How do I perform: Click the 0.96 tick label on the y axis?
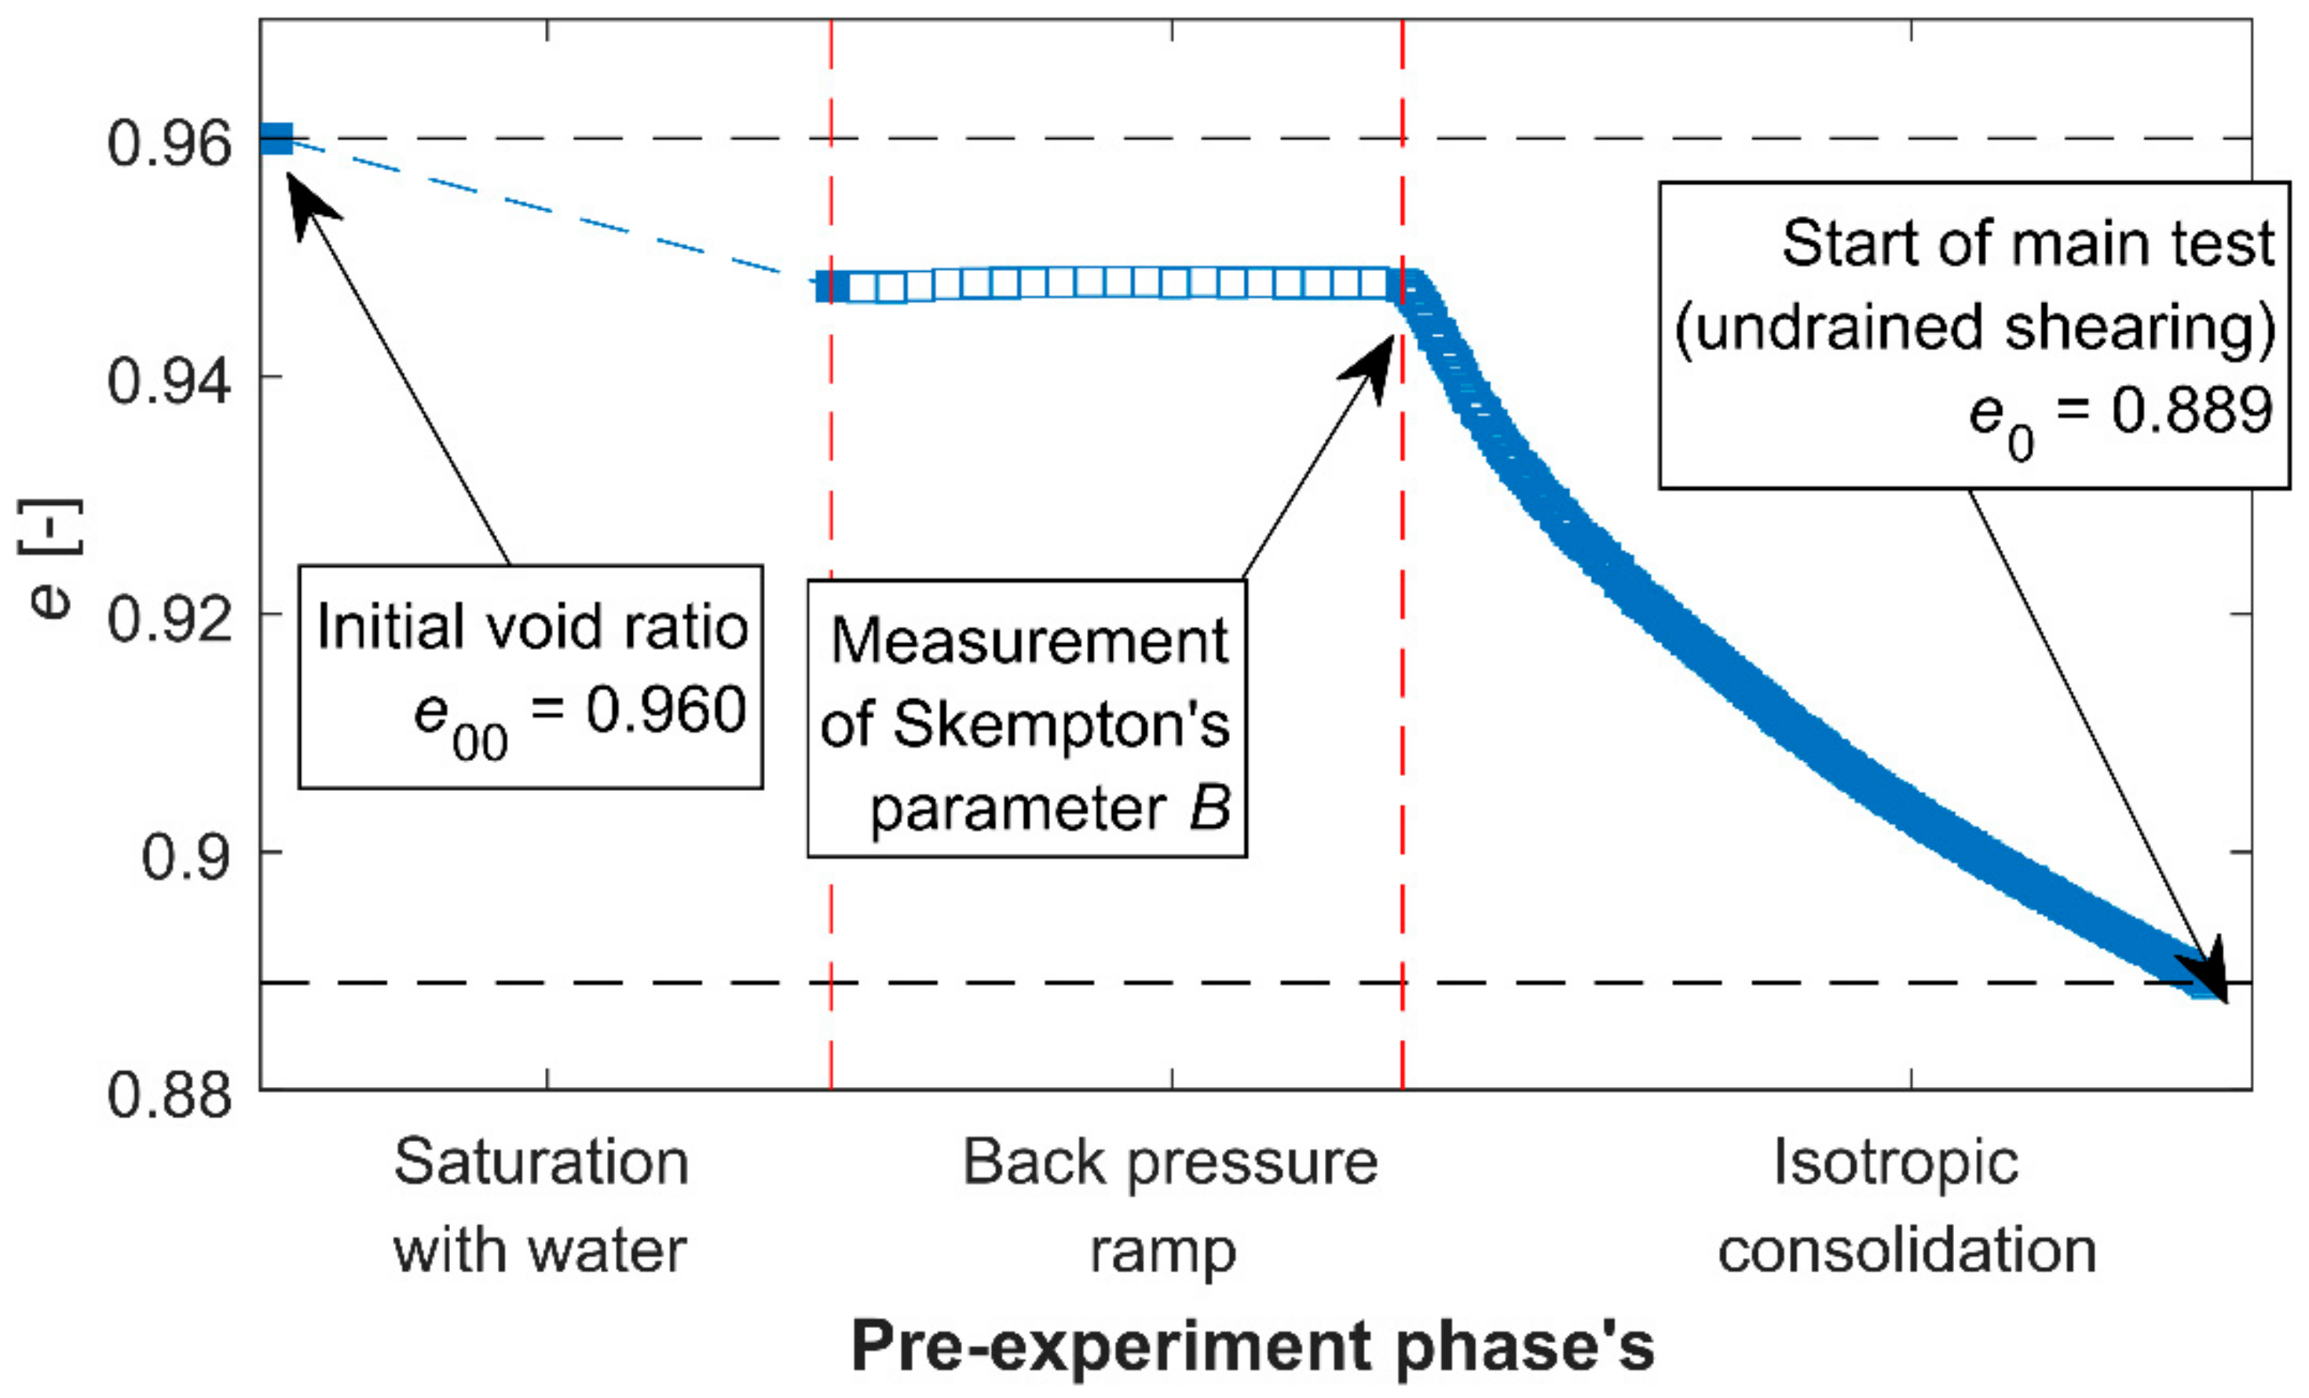170,145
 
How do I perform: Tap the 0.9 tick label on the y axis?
185,856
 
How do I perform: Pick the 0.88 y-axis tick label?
170,1093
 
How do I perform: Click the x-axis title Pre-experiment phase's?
1253,1346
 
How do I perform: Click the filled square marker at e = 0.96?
277,139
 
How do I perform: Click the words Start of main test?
2027,243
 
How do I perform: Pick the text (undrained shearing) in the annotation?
1974,327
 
